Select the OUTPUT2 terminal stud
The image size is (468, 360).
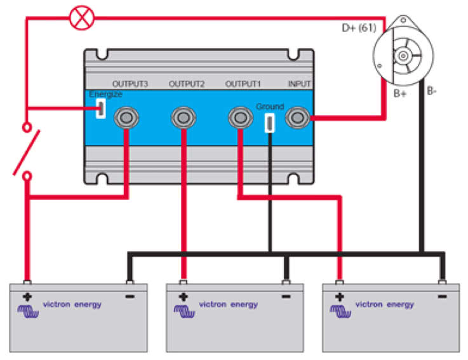[x=183, y=117]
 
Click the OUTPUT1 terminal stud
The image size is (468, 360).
[x=241, y=117]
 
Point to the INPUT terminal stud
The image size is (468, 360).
[x=297, y=117]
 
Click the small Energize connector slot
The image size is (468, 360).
[x=100, y=109]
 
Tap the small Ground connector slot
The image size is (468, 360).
[x=269, y=122]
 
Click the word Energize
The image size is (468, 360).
[x=105, y=94]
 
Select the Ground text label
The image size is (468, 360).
[x=269, y=107]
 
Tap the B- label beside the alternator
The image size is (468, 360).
[x=432, y=91]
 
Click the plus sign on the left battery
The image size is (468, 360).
[x=27, y=296]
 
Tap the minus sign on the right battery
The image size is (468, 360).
[x=443, y=297]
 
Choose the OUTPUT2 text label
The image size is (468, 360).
[x=187, y=84]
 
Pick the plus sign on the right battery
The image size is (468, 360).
[x=340, y=296]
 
